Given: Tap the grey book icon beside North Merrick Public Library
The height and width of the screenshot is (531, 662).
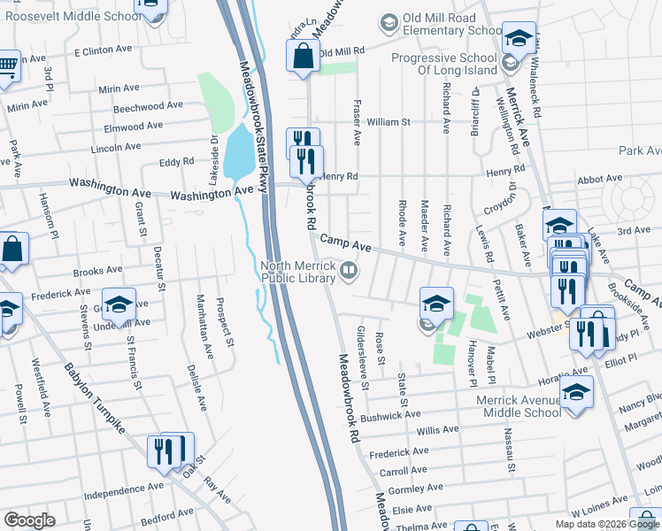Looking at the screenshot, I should (x=350, y=270).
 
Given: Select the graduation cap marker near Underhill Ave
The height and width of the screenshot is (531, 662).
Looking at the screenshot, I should (x=119, y=304).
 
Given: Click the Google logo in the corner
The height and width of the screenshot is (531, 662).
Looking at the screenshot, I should (x=28, y=520).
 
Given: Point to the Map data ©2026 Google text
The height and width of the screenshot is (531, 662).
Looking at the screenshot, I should (x=606, y=524).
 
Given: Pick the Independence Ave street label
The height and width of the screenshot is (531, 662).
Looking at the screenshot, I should (x=124, y=487).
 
